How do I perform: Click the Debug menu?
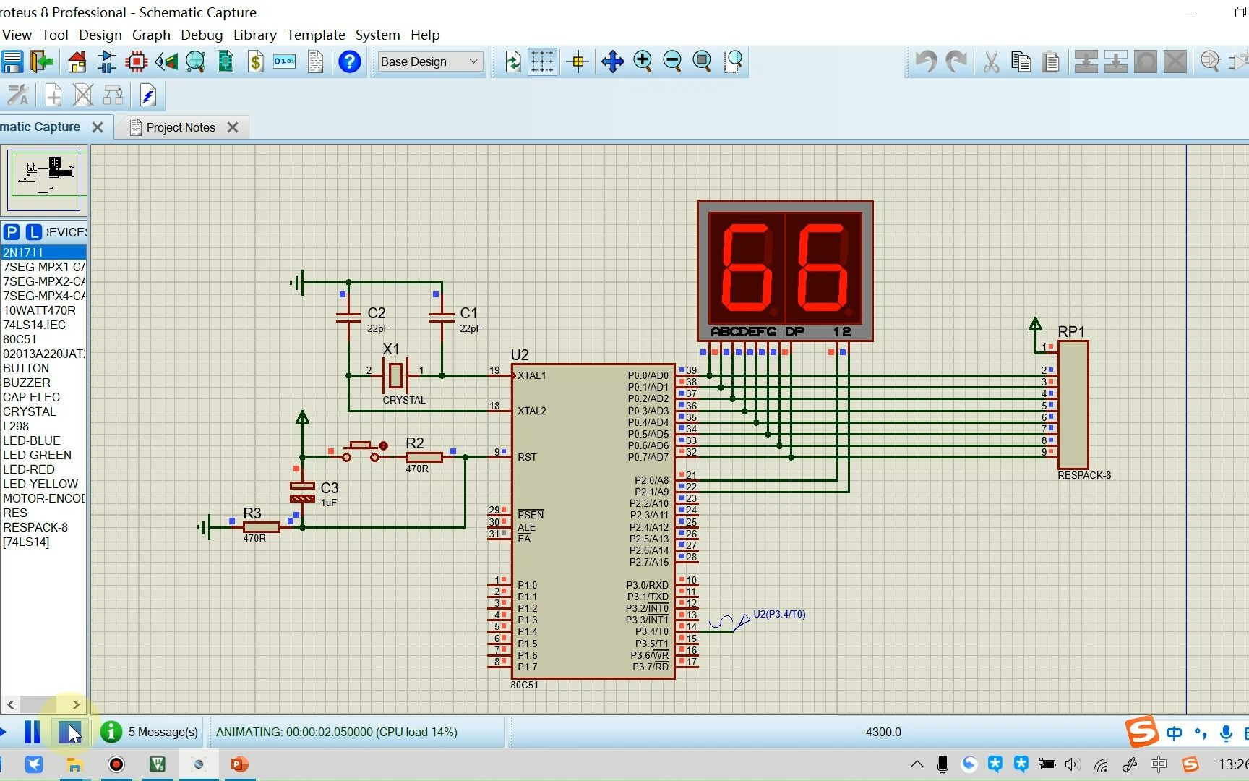point(202,35)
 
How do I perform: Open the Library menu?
point(254,35)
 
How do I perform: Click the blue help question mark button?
point(350,61)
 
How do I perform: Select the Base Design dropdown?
point(429,61)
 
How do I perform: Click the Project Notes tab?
point(181,127)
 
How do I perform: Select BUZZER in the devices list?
point(27,383)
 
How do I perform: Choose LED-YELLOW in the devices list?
point(40,484)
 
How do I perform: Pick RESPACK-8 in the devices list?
point(35,527)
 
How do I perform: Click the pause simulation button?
point(33,732)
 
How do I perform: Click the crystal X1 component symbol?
point(395,375)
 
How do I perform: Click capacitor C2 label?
point(377,313)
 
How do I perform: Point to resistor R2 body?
point(424,457)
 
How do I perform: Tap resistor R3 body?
point(261,527)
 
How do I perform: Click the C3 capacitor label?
point(330,488)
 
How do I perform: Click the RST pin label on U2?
point(527,457)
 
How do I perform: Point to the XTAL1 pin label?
point(532,375)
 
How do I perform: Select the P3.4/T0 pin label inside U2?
point(652,632)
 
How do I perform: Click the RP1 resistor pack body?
point(1073,405)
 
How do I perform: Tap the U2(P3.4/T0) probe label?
point(779,614)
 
